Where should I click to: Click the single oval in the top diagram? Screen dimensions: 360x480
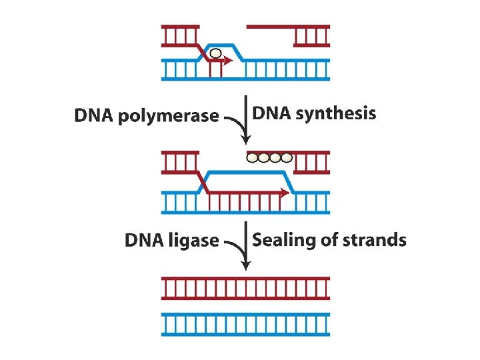(x=215, y=53)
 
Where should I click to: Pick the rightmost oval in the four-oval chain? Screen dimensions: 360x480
(x=287, y=158)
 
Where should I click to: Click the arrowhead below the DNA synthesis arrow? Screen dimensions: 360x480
(x=246, y=139)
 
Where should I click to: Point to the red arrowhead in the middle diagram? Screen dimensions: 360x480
(x=285, y=193)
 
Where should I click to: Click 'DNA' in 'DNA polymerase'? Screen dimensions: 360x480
(x=93, y=116)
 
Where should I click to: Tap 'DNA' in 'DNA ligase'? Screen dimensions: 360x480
(x=144, y=240)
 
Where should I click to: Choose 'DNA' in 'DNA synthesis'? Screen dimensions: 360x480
(x=271, y=114)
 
